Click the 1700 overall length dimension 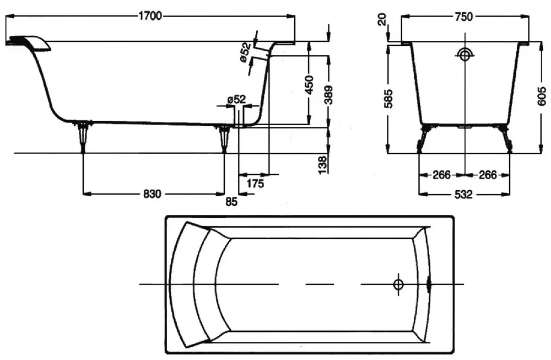point(150,16)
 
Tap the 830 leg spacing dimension point(152,194)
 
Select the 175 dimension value point(255,184)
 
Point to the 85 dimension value point(231,202)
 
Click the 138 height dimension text point(322,165)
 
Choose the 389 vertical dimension point(328,95)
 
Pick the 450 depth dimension point(309,85)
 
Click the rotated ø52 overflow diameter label point(246,52)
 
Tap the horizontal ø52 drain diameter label point(236,99)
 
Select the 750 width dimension point(464,17)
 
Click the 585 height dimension point(388,99)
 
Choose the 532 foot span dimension point(463,195)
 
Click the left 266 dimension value point(441,175)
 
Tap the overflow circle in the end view point(465,55)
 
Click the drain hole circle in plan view point(398,284)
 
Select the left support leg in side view point(83,136)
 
